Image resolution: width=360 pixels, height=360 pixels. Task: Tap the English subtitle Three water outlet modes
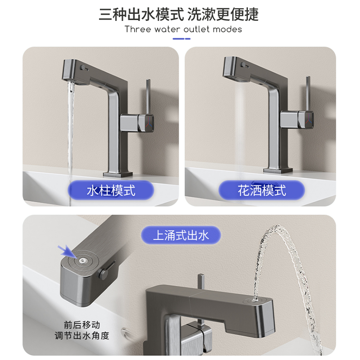183,30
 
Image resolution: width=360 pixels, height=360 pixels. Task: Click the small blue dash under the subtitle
181,39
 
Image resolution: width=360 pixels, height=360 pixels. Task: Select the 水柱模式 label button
111,190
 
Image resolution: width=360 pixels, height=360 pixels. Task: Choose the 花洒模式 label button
261,190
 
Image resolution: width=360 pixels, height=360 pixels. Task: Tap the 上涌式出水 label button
181,235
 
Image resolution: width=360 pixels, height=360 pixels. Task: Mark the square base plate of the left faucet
119,173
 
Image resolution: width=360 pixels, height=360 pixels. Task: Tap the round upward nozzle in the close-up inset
82,260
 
